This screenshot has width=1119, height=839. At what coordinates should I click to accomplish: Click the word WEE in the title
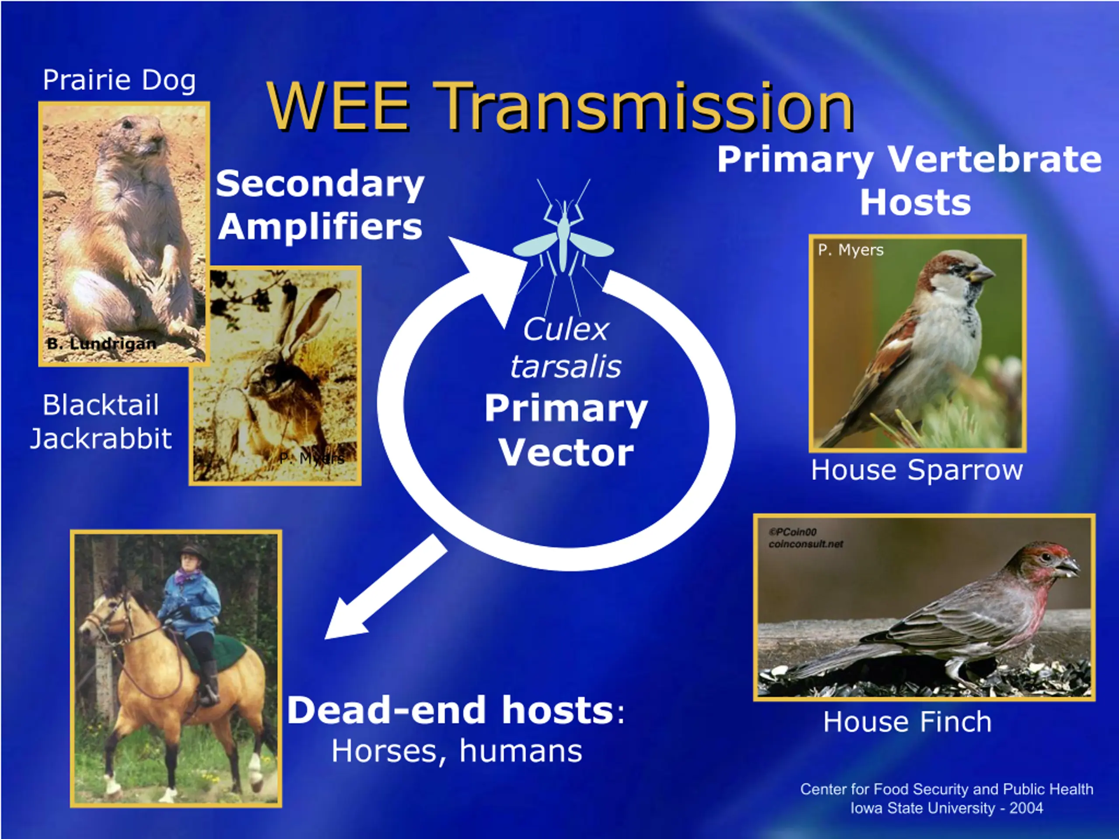point(338,106)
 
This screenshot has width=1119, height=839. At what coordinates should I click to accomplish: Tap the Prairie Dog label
point(119,80)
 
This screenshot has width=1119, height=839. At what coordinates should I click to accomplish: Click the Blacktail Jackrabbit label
point(101,421)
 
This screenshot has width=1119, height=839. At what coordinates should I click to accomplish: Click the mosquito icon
point(563,238)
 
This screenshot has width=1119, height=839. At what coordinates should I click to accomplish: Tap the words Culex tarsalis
point(566,347)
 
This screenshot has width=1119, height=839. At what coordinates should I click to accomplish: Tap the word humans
point(521,751)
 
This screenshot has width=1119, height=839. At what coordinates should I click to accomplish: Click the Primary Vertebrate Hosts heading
point(910,181)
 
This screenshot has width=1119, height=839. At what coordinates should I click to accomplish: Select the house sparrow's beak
point(981,274)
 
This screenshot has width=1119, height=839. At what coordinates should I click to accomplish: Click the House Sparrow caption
point(917,470)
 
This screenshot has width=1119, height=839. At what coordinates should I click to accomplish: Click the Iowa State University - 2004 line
point(946,808)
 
